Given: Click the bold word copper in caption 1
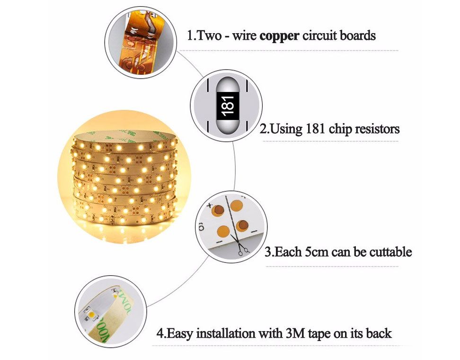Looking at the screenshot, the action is point(279,36).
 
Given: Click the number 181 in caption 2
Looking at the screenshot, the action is point(315,129).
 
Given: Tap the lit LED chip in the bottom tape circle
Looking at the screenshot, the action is point(91,315).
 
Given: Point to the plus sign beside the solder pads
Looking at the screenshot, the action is point(209,205).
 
